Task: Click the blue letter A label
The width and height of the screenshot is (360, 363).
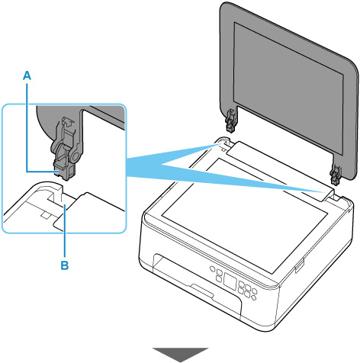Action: [x=27, y=75]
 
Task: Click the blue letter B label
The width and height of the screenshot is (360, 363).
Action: [x=65, y=265]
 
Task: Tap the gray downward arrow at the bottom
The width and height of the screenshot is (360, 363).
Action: [x=180, y=355]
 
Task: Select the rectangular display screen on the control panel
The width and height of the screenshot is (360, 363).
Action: [x=230, y=281]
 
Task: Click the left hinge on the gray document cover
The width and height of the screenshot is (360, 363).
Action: [x=231, y=121]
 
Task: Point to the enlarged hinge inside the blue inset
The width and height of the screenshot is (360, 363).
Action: [x=66, y=148]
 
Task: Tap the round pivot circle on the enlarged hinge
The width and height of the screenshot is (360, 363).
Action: [x=75, y=157]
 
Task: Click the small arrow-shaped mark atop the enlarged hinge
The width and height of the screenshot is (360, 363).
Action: [x=68, y=120]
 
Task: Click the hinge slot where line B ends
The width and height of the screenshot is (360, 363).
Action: [x=58, y=196]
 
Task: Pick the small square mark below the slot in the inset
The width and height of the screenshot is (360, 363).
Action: [x=46, y=215]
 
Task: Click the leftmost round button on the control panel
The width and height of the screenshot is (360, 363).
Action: [x=212, y=268]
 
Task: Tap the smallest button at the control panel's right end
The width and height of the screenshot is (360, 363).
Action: [x=253, y=297]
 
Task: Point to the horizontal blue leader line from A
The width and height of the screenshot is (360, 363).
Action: [x=42, y=172]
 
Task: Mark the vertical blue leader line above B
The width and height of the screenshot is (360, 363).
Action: [x=65, y=230]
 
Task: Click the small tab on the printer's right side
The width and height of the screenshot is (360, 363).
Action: [x=299, y=265]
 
